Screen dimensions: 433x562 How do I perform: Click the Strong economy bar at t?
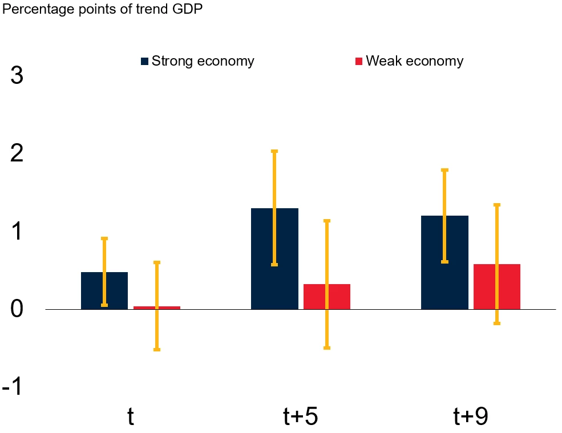91,290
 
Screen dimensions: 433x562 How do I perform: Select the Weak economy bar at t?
170,307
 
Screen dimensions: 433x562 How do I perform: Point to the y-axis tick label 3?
17,75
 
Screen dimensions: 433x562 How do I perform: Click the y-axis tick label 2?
17,153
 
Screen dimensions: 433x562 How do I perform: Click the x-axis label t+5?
301,417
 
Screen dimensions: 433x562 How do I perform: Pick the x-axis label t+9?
471,417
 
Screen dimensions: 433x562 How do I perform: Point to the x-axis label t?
131,417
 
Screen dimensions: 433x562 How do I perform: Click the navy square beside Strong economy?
145,61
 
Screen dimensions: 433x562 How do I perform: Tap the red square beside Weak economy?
359,61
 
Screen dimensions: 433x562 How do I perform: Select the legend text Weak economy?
414,61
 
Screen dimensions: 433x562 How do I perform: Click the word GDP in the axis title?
187,9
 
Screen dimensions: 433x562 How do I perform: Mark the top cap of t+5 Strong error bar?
274,151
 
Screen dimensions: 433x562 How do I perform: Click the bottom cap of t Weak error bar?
157,350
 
